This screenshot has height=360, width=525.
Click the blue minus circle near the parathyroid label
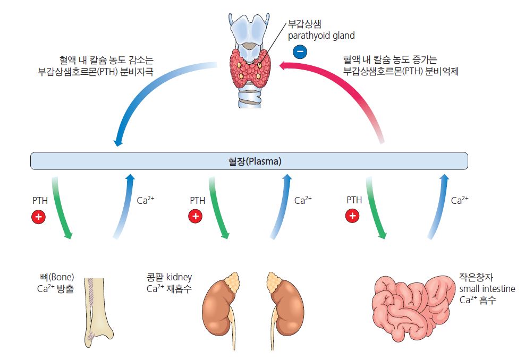tap(300, 52)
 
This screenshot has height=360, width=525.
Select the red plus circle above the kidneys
tap(196, 216)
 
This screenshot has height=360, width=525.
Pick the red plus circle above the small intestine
tap(352, 216)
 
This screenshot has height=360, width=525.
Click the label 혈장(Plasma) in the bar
tap(250, 161)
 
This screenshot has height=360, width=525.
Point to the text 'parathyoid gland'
tap(320, 36)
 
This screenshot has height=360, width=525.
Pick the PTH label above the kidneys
tap(197, 201)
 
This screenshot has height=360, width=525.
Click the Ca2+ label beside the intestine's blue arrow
tap(460, 201)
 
